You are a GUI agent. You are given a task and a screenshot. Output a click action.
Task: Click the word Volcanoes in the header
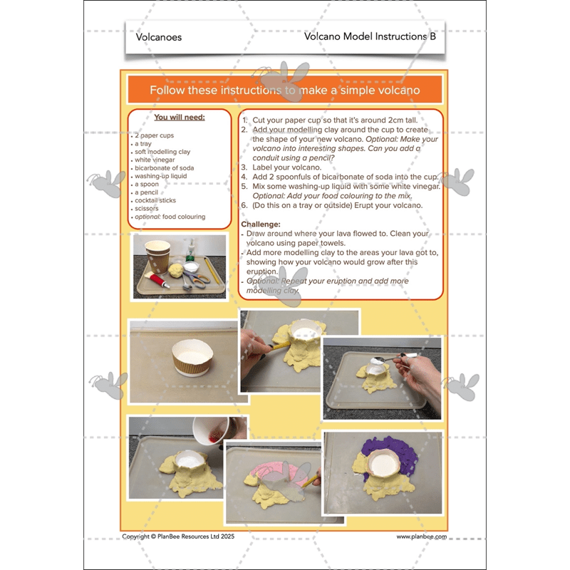pyautogui.click(x=158, y=37)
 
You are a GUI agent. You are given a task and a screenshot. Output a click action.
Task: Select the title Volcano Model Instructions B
pyautogui.click(x=369, y=36)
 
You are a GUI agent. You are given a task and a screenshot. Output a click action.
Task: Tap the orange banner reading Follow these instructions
pyautogui.click(x=284, y=90)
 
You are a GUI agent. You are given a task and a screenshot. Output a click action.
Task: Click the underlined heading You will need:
pyautogui.click(x=179, y=118)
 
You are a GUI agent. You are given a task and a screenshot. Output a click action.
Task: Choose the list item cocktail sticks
pyautogui.click(x=155, y=200)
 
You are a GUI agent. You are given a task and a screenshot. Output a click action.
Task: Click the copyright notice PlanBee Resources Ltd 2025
pyautogui.click(x=177, y=537)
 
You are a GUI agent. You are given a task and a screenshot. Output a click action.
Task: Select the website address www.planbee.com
pyautogui.click(x=421, y=537)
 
